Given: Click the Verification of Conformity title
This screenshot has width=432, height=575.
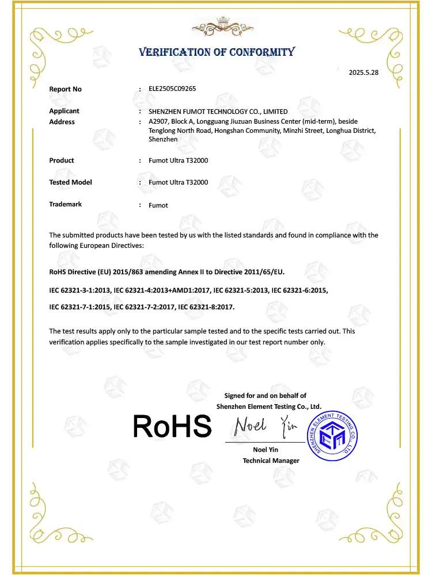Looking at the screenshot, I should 217,52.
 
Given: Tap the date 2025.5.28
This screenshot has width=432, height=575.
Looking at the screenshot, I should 363,72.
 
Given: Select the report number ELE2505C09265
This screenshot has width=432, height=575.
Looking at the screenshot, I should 172,89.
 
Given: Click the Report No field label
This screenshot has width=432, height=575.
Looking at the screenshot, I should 66,89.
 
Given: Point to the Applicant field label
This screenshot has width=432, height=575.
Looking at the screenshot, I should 65,111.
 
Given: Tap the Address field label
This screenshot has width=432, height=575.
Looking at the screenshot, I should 62,122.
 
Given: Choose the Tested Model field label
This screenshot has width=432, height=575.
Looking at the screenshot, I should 71,182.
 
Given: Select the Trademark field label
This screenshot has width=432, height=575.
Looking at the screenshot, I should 66,204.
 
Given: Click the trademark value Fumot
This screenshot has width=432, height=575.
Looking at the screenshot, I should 158,205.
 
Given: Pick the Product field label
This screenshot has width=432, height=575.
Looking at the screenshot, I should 62,160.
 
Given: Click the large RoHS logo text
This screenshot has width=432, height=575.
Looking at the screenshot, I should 172,427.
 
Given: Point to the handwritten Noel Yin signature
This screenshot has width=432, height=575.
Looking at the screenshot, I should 265,426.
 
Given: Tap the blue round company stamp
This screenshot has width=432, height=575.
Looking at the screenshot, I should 334,432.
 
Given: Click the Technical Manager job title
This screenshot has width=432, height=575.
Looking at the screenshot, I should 271,461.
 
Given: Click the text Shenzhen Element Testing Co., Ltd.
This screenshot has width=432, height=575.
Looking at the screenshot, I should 268,407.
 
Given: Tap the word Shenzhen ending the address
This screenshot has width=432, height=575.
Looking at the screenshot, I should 163,140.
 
